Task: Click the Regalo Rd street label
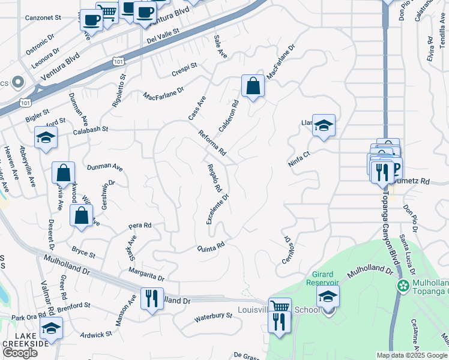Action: coord(214,178)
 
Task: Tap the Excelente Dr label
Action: coord(218,209)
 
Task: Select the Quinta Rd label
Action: coord(211,246)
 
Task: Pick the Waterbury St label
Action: coord(213,316)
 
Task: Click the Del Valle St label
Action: coord(163,37)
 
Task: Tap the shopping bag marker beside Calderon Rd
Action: coord(253,86)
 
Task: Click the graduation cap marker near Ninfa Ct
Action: coord(324,125)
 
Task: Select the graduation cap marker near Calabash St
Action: coord(46,137)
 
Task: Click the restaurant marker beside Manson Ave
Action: coord(151,298)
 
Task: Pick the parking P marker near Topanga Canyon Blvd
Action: coord(394,169)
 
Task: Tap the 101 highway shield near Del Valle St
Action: coord(118,61)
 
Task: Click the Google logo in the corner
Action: coord(19,353)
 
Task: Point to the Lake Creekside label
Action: coord(24,340)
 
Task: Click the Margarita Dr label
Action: coord(146,275)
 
